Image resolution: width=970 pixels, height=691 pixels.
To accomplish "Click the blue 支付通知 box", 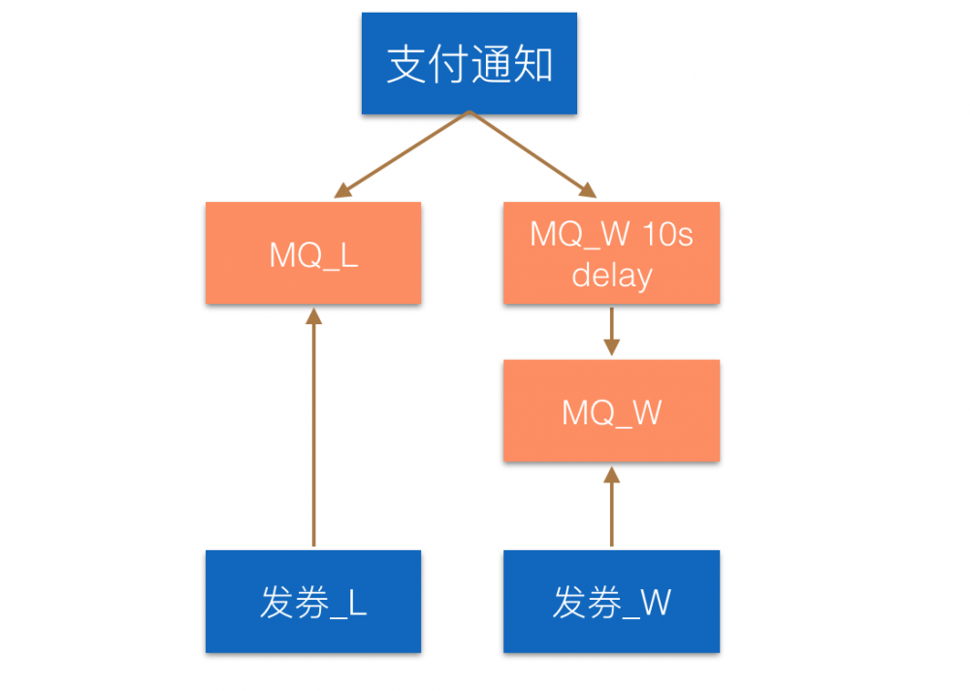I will [x=469, y=63].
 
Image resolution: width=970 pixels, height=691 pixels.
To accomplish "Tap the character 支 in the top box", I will [x=405, y=65].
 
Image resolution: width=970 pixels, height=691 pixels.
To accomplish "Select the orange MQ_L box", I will [x=313, y=253].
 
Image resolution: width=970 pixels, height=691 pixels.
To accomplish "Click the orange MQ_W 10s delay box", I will [x=611, y=253].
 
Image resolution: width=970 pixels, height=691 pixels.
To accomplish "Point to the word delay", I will [x=611, y=276].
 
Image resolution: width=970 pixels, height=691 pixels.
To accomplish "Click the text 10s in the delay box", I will [x=669, y=235].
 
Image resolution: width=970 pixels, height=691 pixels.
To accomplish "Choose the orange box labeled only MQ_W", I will [x=611, y=411].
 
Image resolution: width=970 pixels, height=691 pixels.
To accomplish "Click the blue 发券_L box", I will [x=313, y=601].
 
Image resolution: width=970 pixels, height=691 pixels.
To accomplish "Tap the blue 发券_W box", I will [x=611, y=601].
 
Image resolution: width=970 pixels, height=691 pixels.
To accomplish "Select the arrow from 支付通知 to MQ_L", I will [x=403, y=154].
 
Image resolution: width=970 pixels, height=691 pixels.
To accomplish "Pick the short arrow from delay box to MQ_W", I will [x=611, y=331].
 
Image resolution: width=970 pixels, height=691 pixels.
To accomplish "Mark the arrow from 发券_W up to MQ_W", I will [x=611, y=510].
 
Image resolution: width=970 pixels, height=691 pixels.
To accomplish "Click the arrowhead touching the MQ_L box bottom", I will [x=313, y=315].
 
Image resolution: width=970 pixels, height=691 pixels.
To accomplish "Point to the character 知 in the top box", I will [x=533, y=65].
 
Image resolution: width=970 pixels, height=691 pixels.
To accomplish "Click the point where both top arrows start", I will [x=469, y=113].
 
